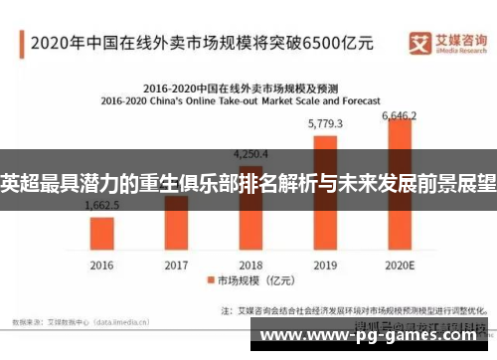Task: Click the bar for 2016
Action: pos(102,233)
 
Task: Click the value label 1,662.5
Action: pos(102,205)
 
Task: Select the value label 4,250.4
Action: pos(250,154)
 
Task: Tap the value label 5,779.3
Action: pos(325,124)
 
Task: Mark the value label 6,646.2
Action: pos(400,115)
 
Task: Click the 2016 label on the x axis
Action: pos(102,265)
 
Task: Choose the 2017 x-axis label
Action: pos(176,265)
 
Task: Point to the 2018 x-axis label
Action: pos(250,265)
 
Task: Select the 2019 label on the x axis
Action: pos(325,265)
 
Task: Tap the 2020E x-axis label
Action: pos(400,265)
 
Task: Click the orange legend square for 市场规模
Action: pos(210,281)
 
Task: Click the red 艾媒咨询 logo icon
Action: pos(418,41)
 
